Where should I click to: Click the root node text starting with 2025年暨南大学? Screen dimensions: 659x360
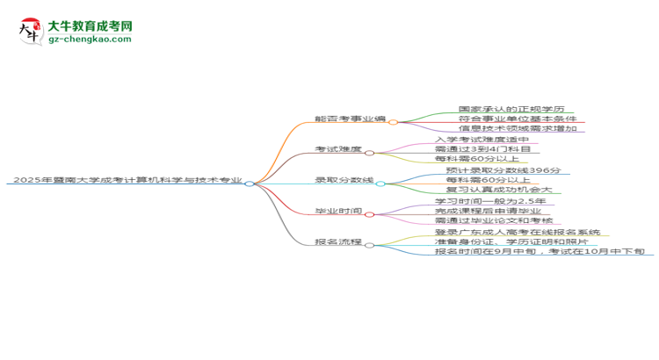tap(127, 180)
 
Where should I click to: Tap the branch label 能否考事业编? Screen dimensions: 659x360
tap(350, 119)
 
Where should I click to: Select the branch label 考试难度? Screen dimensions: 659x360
tap(338, 149)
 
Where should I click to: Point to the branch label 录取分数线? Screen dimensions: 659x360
tap(344, 180)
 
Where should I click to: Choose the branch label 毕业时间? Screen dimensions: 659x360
tap(338, 211)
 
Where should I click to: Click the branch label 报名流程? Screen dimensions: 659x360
tap(338, 241)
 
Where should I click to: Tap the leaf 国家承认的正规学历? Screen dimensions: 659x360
tap(511, 109)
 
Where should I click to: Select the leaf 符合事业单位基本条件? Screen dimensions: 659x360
tap(518, 119)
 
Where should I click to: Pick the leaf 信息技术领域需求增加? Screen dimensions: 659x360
tap(518, 128)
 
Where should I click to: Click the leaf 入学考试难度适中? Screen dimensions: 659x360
tap(482, 140)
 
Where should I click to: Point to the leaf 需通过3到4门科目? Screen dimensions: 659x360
tap(482, 149)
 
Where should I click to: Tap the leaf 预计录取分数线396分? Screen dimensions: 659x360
tap(503, 170)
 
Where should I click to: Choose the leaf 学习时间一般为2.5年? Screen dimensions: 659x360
tap(490, 201)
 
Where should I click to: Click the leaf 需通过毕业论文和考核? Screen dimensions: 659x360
tap(494, 220)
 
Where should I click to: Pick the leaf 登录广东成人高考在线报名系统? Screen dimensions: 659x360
tap(518, 232)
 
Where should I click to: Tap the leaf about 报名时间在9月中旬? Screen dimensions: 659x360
tap(540, 251)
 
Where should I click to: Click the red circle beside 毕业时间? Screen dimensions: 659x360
tap(369, 214)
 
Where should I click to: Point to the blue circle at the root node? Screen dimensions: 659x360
tap(250, 184)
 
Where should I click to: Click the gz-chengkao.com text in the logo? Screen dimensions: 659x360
tap(90, 39)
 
